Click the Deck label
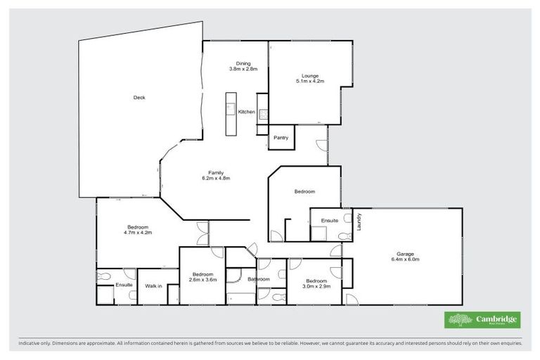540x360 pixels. (139, 98)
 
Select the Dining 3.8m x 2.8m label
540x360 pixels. (243, 66)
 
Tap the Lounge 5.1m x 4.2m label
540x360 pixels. (310, 78)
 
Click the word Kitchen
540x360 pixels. (246, 112)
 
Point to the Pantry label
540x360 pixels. (281, 138)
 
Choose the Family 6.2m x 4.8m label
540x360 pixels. (216, 175)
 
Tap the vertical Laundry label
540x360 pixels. (359, 222)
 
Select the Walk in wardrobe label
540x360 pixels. (153, 286)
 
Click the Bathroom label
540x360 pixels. (259, 279)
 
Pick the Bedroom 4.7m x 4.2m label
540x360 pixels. (138, 229)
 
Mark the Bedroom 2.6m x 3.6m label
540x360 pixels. (202, 276)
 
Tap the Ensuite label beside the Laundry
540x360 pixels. (330, 221)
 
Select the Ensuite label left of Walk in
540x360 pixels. (124, 285)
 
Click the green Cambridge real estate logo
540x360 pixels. (482, 319)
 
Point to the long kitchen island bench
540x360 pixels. (229, 114)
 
